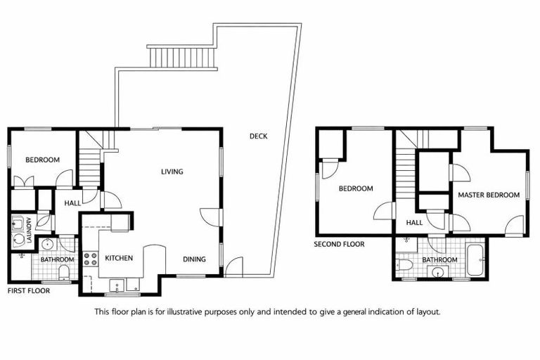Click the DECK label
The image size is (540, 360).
pyautogui.click(x=258, y=136)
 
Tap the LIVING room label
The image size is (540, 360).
pyautogui.click(x=172, y=172)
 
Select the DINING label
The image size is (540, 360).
pyautogui.click(x=194, y=259)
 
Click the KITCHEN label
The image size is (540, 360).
pyautogui.click(x=119, y=259)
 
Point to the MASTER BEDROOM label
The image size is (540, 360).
pyautogui.click(x=489, y=195)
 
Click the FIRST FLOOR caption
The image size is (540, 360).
pyautogui.click(x=28, y=290)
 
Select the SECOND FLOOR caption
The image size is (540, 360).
pyautogui.click(x=340, y=245)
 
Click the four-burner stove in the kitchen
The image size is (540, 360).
pyautogui.click(x=90, y=258)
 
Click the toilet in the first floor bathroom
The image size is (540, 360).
pyautogui.click(x=64, y=272)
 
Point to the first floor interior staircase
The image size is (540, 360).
pyautogui.click(x=89, y=166)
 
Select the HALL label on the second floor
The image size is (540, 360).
pyautogui.click(x=415, y=223)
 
